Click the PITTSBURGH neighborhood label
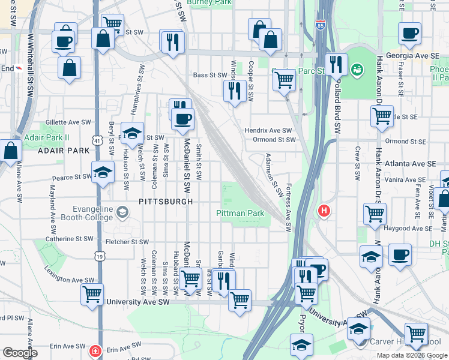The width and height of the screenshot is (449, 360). tap(166, 202)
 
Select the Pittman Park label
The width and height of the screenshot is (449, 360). tap(240, 213)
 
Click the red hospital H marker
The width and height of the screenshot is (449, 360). tap(324, 211)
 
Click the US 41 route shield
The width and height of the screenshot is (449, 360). tap(97, 140)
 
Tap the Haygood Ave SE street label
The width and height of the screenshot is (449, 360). tap(408, 229)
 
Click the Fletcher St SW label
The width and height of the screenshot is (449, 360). tap(127, 242)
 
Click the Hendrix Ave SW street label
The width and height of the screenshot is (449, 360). tap(268, 130)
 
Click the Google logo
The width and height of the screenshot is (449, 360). tap(19, 353)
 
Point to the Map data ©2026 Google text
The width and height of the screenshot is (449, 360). tap(412, 355)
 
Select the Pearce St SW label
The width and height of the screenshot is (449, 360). tap(71, 177)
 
